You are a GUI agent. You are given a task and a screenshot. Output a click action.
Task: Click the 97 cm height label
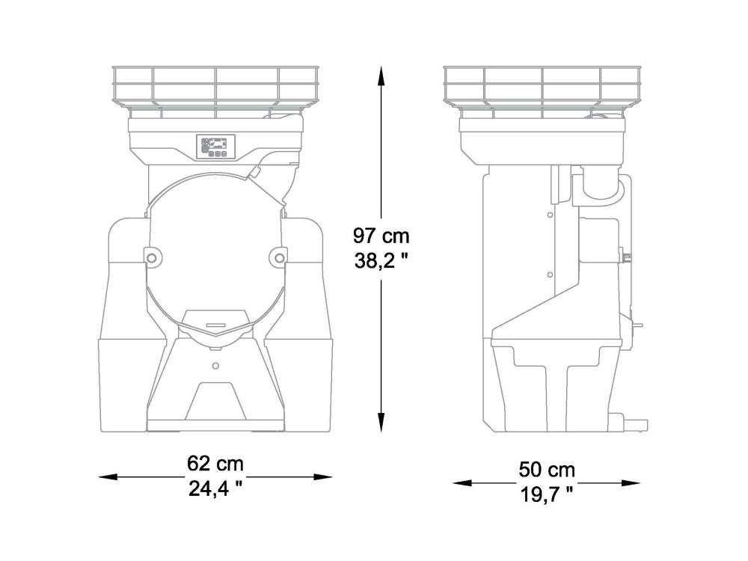[381, 236]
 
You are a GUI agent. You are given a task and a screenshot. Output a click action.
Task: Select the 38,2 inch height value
[381, 260]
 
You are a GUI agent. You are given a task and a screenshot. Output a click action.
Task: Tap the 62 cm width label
[215, 463]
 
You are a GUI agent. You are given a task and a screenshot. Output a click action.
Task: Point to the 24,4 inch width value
[215, 488]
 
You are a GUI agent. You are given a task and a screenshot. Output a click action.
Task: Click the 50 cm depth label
[547, 470]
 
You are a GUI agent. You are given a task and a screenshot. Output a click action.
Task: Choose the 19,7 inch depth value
[547, 494]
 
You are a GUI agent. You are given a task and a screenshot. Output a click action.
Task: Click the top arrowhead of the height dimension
[381, 76]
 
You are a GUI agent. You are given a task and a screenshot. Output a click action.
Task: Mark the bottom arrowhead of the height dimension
[381, 423]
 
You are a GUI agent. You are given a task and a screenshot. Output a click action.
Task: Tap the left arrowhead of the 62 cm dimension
[108, 476]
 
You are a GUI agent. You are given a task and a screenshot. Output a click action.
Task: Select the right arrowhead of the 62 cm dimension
[322, 476]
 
